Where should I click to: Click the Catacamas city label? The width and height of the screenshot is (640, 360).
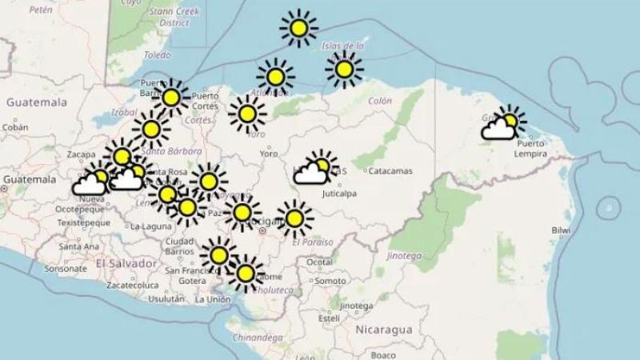coord(390,170)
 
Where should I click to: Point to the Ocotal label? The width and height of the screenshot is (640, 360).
coord(321,262)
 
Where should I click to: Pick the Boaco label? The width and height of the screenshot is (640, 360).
coord(383,354)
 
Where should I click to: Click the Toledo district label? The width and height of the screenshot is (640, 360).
coord(157,55)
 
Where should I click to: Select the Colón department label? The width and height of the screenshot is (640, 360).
coord(380,102)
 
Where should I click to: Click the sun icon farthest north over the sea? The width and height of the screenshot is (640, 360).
coord(298,30)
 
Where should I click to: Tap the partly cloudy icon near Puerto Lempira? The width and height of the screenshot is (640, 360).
coord(503,125)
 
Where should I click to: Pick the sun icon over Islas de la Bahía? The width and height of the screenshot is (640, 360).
coord(344,70)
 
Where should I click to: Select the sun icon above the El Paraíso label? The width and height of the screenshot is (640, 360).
coord(294,218)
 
